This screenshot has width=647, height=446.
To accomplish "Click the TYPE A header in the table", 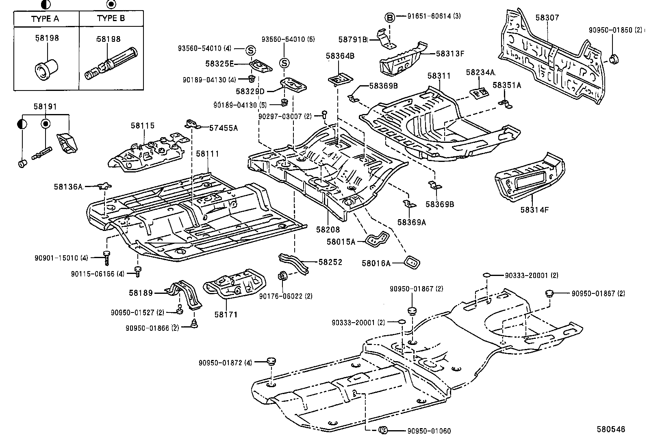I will coord(45,19).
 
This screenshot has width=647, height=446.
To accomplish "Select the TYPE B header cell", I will coord(111,19).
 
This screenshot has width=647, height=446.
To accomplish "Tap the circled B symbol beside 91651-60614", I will coord(389,17).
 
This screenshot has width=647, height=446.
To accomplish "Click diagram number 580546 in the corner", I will coord(610,429).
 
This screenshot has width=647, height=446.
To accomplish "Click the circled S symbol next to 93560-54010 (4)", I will coord(251,50).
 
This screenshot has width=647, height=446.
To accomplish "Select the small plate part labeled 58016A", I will coord(411,262).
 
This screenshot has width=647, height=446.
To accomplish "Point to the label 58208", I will coord(328,230).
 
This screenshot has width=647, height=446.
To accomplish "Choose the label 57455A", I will coord(223,128).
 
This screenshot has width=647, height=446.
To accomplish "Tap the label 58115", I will coord(143,126).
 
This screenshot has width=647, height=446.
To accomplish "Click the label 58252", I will coord(330,262).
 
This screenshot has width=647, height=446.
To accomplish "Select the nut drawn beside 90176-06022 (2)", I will coord(282,276).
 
